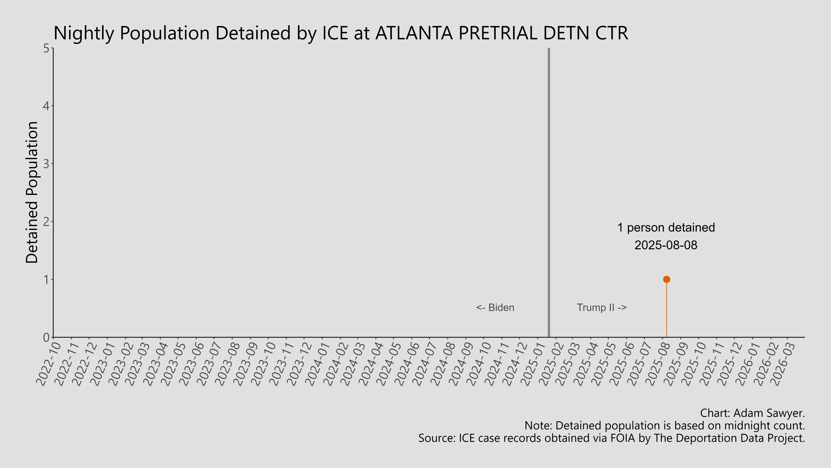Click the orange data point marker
tap(666, 279)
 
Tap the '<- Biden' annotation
tap(495, 307)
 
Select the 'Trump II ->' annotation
tap(602, 307)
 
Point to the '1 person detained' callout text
tap(666, 228)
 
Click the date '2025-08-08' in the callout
tap(666, 245)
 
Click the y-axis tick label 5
tap(46, 49)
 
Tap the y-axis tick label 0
tap(46, 337)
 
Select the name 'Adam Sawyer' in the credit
tap(768, 413)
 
